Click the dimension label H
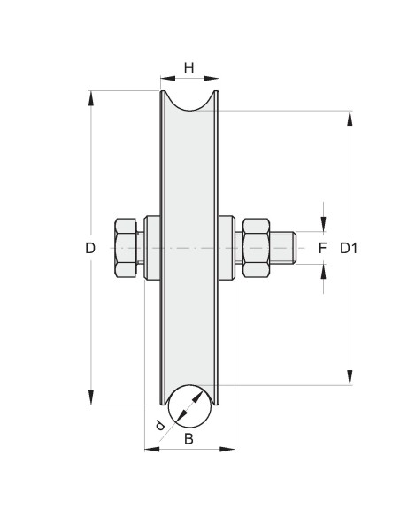(188, 67)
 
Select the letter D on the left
(90, 249)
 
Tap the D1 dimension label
(350, 249)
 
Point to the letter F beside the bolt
(323, 249)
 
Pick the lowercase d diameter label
(160, 428)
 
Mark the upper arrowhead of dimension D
(91, 97)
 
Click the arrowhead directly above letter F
(323, 225)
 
